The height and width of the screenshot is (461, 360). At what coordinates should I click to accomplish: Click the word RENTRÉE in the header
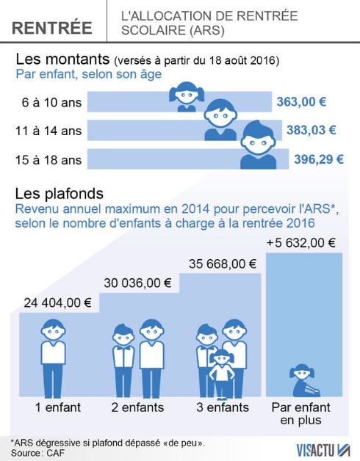coord(52,27)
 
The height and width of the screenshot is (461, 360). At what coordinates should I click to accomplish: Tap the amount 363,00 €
coord(301,102)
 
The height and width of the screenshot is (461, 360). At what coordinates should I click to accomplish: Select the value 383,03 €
coord(312,130)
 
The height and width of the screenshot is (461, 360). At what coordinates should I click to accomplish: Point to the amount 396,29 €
coord(319,159)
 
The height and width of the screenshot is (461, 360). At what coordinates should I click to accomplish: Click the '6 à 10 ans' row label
coord(51,102)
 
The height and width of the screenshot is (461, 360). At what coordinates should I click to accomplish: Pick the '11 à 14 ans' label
coord(48,131)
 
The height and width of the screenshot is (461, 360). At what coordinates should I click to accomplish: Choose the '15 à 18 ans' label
coord(48,160)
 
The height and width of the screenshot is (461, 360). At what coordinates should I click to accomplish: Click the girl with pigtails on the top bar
coord(187,97)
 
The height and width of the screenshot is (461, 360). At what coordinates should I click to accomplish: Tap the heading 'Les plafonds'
coord(60,194)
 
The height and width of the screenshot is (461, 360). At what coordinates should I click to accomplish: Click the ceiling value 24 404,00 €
coord(58,303)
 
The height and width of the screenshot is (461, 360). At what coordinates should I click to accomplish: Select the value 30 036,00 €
coord(137,283)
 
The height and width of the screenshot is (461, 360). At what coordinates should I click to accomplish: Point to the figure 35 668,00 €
coord(223,264)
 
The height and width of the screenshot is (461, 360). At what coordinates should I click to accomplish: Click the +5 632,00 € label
coord(300,243)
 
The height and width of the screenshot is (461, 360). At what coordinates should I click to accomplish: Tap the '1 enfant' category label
coord(58,407)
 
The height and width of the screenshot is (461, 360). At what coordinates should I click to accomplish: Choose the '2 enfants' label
coord(137,407)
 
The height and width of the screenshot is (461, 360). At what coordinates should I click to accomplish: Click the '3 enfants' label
coord(223,407)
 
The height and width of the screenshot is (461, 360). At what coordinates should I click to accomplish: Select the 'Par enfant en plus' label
coord(300,413)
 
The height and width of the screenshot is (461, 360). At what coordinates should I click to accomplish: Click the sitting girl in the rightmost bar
coord(304,380)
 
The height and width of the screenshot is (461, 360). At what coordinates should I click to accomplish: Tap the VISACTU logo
coord(323,450)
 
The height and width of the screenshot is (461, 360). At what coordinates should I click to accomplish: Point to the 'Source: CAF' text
coord(37,453)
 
